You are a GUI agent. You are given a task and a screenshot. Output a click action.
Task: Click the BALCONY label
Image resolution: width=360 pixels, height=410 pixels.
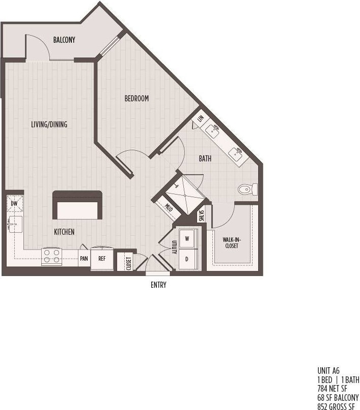tap(64, 40)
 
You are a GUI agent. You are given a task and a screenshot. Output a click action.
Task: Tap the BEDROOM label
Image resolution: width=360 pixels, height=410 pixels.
tap(136, 98)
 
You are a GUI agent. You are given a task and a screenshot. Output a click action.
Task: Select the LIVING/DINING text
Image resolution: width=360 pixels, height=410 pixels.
tap(49, 124)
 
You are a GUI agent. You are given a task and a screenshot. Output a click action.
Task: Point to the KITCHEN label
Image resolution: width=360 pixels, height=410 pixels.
tap(64, 232)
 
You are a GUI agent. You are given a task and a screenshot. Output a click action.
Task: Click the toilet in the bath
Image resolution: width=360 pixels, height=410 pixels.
tap(248, 189)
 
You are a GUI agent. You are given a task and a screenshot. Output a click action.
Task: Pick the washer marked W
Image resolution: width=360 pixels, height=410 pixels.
tap(187, 238)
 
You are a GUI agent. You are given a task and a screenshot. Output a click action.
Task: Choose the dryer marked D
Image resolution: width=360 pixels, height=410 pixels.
tap(187, 259)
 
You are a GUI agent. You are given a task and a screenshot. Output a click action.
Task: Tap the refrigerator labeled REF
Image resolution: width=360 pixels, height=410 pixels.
tap(102, 259)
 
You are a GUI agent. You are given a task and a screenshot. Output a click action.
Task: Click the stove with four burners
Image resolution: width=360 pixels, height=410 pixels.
tap(51, 256)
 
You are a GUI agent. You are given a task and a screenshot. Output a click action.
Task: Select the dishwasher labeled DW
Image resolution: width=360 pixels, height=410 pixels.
tap(14, 203)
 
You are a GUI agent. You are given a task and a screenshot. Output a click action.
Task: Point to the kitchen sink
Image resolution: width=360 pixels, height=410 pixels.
tap(14, 223)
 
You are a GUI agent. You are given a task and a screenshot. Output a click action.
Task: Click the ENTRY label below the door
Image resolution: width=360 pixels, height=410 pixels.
tap(158, 285)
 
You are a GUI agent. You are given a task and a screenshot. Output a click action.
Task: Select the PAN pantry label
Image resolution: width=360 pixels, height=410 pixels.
tap(84, 259)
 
